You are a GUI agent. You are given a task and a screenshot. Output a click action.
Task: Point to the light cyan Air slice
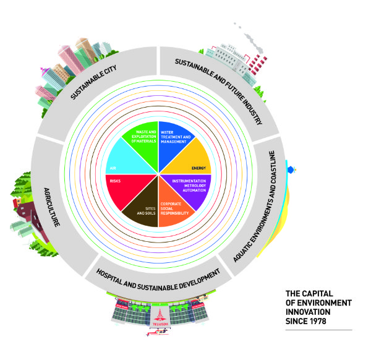pos(126,162)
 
